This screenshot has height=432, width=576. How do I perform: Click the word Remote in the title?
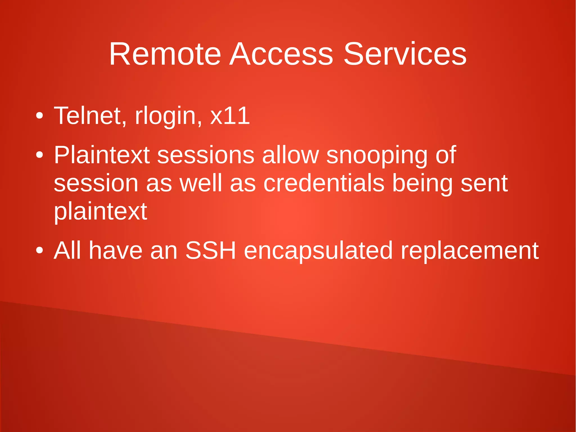[165, 54]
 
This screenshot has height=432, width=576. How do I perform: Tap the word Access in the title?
[281, 54]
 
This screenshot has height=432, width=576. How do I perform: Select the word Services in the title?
[405, 54]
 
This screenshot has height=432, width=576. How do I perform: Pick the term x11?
[230, 116]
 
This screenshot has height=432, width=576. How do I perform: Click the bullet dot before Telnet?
[40, 116]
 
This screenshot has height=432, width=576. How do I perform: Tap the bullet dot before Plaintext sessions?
[40, 155]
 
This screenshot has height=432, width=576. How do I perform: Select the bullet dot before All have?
[40, 250]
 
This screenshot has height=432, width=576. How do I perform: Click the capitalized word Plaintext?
[102, 155]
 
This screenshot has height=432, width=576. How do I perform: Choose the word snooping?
[377, 155]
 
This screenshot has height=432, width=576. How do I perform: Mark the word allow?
[290, 155]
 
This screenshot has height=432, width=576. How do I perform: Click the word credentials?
[324, 183]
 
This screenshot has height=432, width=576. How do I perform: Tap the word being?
[422, 183]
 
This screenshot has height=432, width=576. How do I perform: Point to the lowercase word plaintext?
[100, 212]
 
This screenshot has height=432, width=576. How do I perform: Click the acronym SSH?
[210, 250]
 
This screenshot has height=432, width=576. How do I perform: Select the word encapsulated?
[318, 250]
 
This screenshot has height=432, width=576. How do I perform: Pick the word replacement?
[469, 250]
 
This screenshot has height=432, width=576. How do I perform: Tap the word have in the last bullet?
[116, 250]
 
